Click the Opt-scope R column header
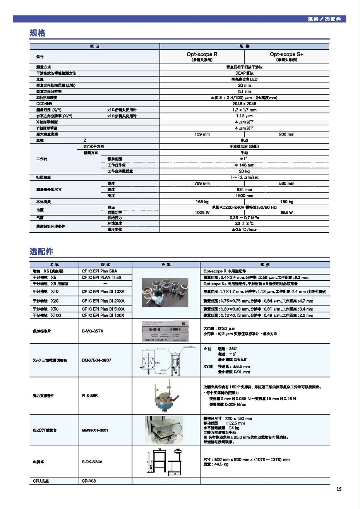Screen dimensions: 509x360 click(x=202, y=55)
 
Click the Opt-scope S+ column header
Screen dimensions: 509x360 click(x=286, y=55)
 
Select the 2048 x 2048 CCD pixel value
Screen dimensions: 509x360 click(x=244, y=104)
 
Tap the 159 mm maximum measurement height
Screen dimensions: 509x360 click(x=202, y=134)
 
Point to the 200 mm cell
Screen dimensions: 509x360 click(x=286, y=134)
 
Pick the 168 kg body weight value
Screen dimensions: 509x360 click(x=202, y=202)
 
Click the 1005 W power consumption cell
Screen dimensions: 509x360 click(x=202, y=213)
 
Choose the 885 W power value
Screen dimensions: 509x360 click(x=286, y=213)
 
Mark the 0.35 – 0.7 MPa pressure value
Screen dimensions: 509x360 click(x=244, y=218)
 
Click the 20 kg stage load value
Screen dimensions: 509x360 click(x=244, y=171)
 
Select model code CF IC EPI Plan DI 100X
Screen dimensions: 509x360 click(x=103, y=315)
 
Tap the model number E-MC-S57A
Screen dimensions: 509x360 click(x=93, y=331)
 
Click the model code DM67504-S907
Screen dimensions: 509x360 click(x=96, y=360)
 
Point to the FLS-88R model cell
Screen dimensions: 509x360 click(x=90, y=396)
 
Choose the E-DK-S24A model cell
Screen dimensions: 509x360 click(x=92, y=462)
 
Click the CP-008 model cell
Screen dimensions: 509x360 click(x=89, y=481)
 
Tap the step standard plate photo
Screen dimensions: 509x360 click(x=165, y=331)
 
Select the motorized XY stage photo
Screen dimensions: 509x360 click(x=164, y=430)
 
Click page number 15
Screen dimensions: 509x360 click(x=339, y=489)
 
